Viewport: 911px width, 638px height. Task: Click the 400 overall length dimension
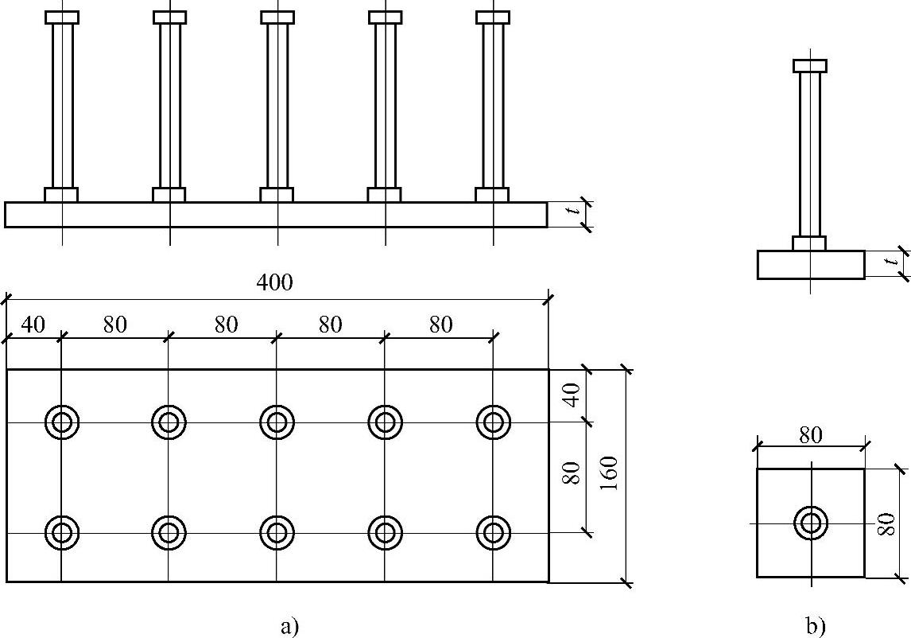(275, 283)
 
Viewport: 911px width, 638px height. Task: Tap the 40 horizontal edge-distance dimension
(33, 325)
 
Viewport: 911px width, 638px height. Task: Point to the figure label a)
(289, 627)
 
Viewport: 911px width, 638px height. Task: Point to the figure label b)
(815, 627)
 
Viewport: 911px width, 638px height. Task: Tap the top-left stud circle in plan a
(61, 422)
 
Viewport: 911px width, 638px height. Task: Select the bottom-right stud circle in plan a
(493, 531)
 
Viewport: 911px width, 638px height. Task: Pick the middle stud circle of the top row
(277, 422)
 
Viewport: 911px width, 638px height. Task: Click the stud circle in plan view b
(811, 523)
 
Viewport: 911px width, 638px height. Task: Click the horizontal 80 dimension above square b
(811, 436)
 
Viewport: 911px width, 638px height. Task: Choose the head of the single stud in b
(810, 66)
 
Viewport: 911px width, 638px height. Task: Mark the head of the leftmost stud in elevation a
(62, 18)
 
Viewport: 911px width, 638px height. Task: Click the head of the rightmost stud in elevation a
(493, 18)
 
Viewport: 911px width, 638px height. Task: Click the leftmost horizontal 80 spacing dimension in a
(114, 325)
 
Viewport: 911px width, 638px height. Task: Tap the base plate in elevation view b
(810, 265)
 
